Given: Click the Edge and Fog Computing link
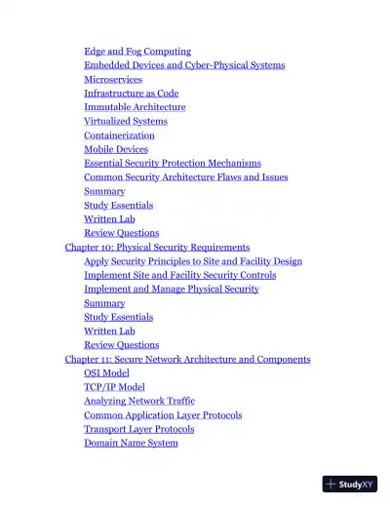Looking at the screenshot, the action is (137, 51).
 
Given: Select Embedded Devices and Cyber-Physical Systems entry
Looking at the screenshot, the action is (184, 65).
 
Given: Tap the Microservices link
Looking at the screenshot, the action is (113, 79).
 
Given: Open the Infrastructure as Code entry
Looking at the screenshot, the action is (131, 94).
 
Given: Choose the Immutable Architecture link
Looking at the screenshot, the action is (135, 107).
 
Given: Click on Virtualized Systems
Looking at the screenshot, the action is (126, 121).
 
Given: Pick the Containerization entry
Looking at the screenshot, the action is (119, 136).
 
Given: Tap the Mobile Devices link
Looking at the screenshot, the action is (116, 149).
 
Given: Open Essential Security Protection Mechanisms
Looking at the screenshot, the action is (173, 163).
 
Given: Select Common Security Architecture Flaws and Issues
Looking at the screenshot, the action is (186, 177).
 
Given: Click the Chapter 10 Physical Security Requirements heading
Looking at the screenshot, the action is (157, 248).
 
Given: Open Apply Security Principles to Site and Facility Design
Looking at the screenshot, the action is (193, 261).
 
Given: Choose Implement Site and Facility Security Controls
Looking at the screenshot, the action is (180, 275).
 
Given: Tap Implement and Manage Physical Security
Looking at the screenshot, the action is (172, 290).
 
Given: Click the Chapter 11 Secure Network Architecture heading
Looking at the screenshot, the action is (187, 360).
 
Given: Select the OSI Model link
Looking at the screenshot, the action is (106, 373).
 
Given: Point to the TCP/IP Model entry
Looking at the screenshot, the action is (114, 387).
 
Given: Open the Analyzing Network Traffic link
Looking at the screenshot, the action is (139, 401).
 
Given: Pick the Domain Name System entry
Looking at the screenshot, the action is (131, 443).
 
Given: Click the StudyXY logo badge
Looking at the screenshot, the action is (350, 484).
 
